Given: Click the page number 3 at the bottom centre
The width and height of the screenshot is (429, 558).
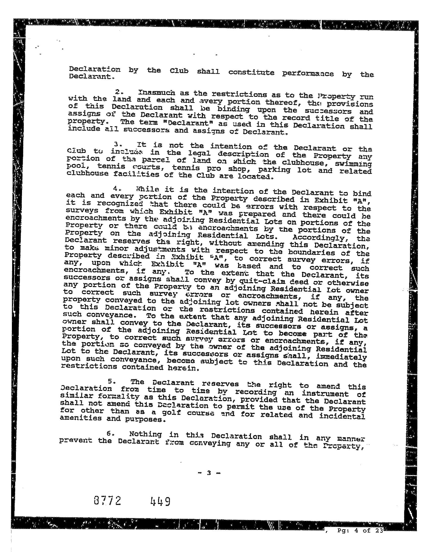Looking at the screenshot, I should (209, 473).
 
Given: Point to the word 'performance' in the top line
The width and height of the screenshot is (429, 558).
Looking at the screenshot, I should (308, 74).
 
